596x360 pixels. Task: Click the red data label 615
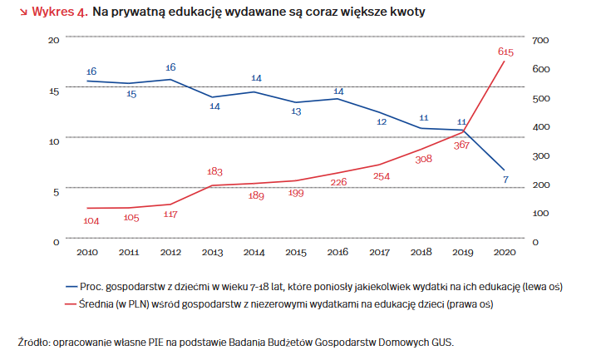[x=505, y=52]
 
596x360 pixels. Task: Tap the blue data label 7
[x=505, y=180]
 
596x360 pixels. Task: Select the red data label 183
[x=214, y=171]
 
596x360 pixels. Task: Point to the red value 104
[x=91, y=220]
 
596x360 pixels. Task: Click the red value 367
[x=462, y=145]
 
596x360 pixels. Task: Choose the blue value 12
[x=382, y=121]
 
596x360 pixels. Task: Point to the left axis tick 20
[x=54, y=40]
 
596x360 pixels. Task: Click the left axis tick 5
[x=57, y=191]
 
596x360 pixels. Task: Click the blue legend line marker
[x=71, y=286]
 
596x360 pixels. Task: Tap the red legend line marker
[x=71, y=303]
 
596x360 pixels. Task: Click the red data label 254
[x=382, y=176]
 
